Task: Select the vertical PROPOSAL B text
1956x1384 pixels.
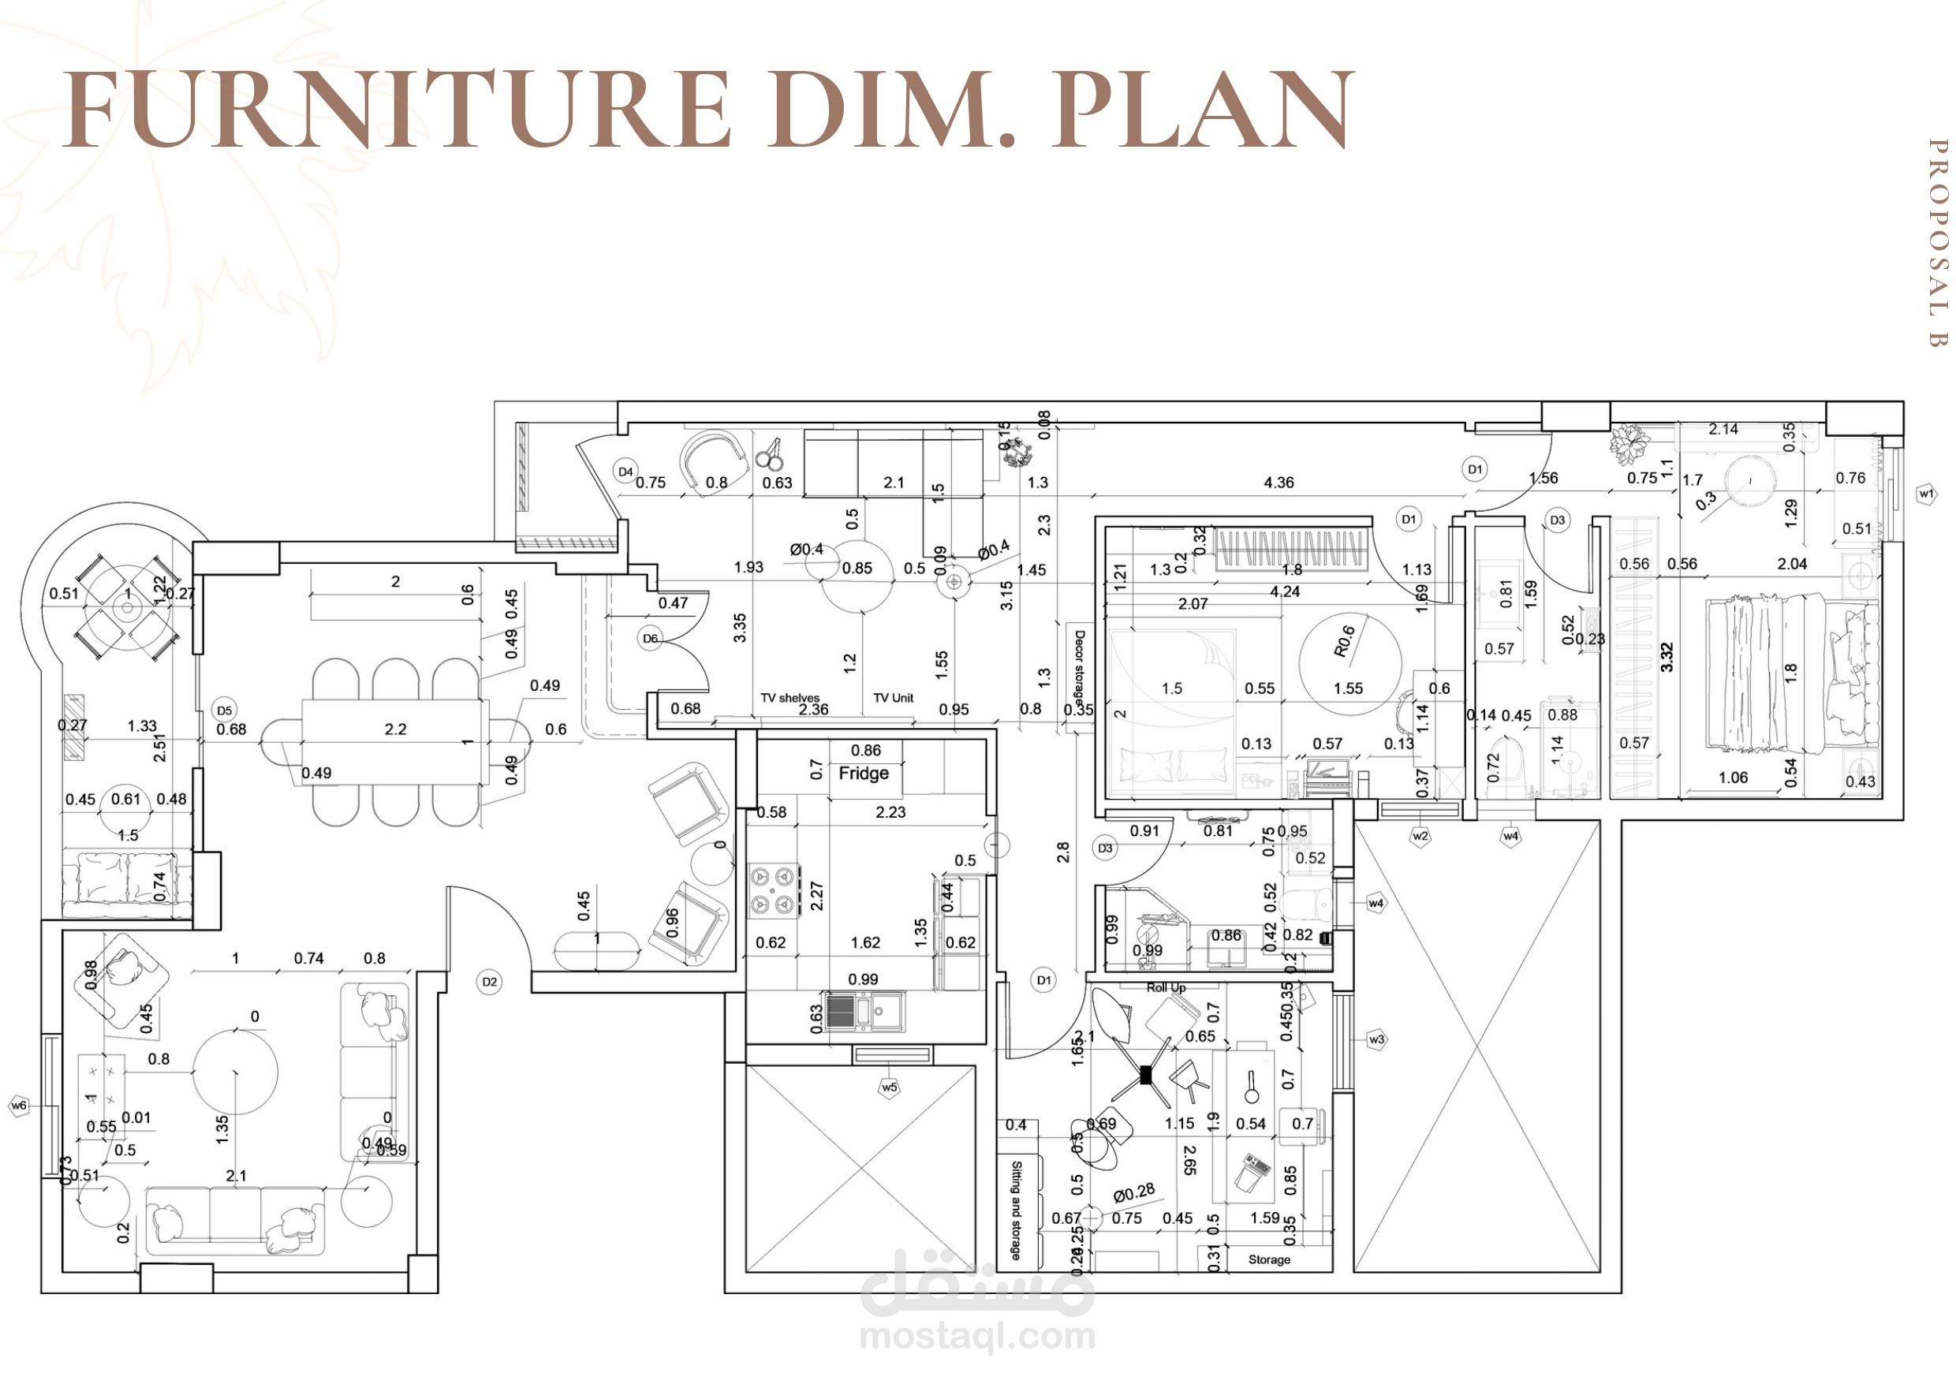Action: (1937, 243)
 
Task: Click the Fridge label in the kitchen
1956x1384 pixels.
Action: (864, 774)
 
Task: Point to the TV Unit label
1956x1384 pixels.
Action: (893, 698)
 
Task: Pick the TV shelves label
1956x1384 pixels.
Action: (790, 698)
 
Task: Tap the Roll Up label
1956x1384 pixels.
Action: (1166, 987)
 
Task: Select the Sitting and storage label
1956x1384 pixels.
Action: (1016, 1211)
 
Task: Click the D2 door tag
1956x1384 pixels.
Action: (489, 982)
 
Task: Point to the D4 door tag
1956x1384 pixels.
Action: (625, 472)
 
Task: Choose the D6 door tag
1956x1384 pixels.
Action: (651, 638)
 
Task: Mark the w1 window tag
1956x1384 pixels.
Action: (1926, 494)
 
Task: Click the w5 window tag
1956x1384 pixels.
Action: (890, 1087)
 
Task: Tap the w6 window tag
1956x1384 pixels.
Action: (19, 1106)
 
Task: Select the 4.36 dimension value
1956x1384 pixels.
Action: (1278, 483)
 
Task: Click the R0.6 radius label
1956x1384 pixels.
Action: (1344, 641)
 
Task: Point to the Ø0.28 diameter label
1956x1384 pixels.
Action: (1133, 1192)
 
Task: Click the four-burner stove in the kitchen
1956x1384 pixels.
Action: (774, 890)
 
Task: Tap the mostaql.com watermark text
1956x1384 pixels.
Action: (977, 1336)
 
